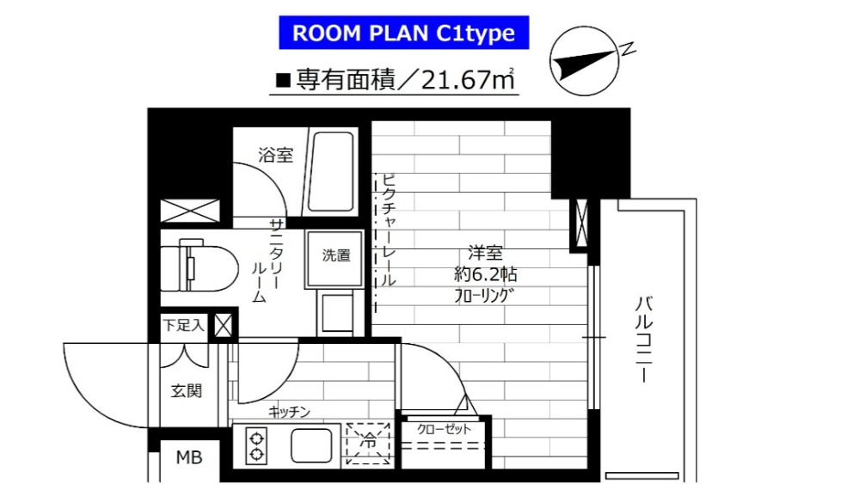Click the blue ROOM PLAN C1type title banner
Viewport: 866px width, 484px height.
coord(403,34)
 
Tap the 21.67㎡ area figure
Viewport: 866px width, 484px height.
coord(468,80)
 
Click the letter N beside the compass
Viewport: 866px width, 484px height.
coord(628,50)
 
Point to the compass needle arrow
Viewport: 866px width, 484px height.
coord(585,63)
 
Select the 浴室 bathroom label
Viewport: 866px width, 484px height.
coord(275,155)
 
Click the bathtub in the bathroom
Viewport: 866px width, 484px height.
coord(329,172)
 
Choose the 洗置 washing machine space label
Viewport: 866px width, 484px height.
coord(336,255)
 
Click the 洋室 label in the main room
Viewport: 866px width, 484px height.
coord(485,253)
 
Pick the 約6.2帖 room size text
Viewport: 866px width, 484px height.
coord(486,274)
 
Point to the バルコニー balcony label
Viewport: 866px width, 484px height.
coord(644,340)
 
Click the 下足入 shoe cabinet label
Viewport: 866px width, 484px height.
coord(183,325)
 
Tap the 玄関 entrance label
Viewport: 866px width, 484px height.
coord(186,391)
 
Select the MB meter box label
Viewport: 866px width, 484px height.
coord(189,457)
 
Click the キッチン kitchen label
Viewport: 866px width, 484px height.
coord(290,412)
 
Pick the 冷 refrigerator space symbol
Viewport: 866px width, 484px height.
coord(368,443)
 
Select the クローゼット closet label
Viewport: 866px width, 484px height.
coord(444,429)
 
